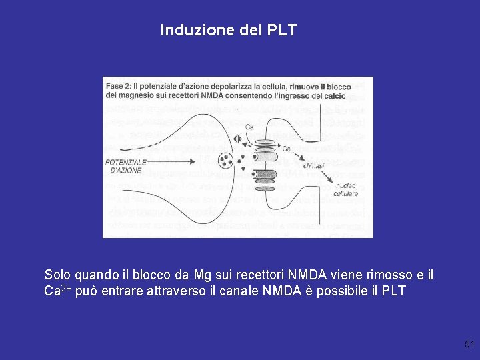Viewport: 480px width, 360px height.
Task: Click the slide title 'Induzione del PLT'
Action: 228,30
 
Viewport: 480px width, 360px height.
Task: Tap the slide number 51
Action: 469,344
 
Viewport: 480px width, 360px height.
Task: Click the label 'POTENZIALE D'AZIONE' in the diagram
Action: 125,165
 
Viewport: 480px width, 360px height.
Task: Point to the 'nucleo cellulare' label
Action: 345,190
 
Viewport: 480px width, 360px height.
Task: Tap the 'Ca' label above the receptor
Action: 249,127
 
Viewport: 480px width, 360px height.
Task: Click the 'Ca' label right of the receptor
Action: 287,149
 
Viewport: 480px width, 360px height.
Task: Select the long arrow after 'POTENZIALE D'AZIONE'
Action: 177,161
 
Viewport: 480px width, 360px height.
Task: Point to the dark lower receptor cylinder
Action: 265,176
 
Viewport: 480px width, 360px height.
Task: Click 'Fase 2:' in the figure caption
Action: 119,85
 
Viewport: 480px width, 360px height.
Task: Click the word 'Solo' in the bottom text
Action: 57,275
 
